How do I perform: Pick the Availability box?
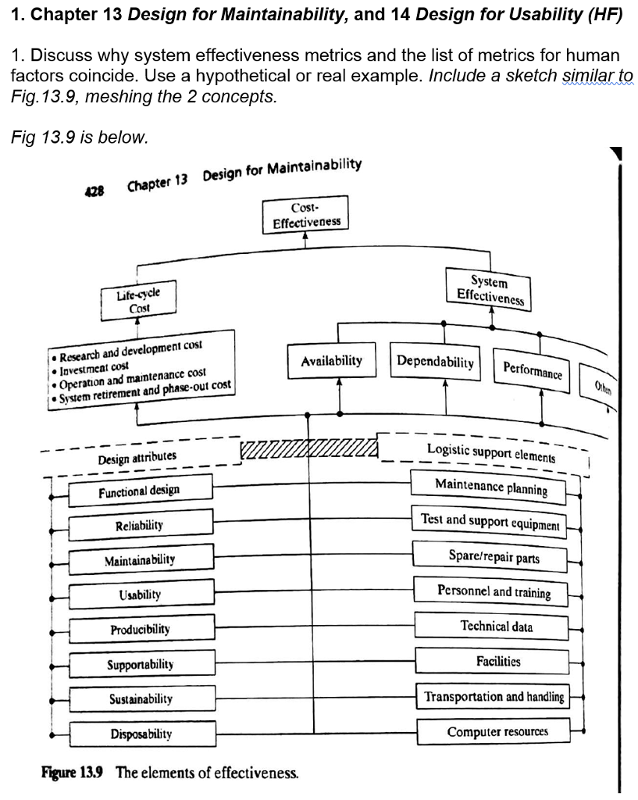pyautogui.click(x=332, y=361)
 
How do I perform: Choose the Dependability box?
pyautogui.click(x=436, y=362)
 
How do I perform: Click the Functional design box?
pyautogui.click(x=139, y=491)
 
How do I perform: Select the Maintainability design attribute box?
pyautogui.click(x=141, y=559)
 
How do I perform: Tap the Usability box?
pyautogui.click(x=141, y=595)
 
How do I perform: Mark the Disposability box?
pyautogui.click(x=141, y=734)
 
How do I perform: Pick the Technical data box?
pyautogui.click(x=497, y=627)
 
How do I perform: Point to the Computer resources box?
pyautogui.click(x=497, y=732)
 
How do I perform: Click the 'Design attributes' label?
pyautogui.click(x=137, y=457)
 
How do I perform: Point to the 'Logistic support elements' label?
pyautogui.click(x=491, y=452)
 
